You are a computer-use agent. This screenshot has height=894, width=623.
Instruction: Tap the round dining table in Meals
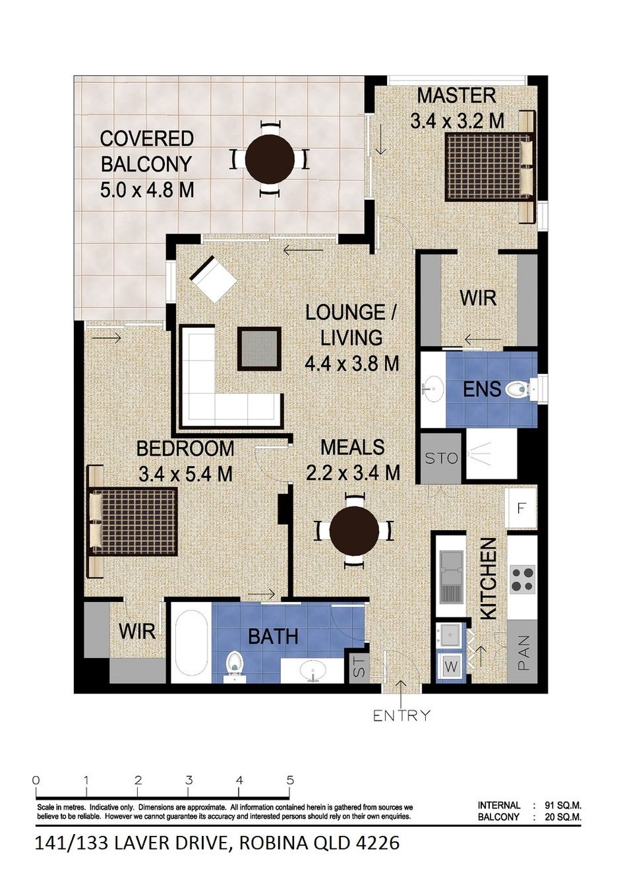[354, 531]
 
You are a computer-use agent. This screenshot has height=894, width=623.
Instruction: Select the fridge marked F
[520, 508]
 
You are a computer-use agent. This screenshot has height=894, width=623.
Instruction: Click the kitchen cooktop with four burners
[522, 579]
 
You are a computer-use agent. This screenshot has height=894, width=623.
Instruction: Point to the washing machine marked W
[451, 666]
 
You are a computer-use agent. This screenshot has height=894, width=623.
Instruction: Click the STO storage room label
[441, 458]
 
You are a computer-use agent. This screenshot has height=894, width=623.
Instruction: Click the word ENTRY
[401, 715]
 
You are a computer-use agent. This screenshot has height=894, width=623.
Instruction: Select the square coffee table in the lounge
[259, 349]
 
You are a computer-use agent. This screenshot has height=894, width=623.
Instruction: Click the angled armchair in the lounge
[214, 279]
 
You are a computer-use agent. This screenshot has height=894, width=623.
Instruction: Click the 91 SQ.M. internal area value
[563, 805]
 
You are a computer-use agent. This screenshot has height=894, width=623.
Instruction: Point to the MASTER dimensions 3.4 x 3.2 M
[457, 121]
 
